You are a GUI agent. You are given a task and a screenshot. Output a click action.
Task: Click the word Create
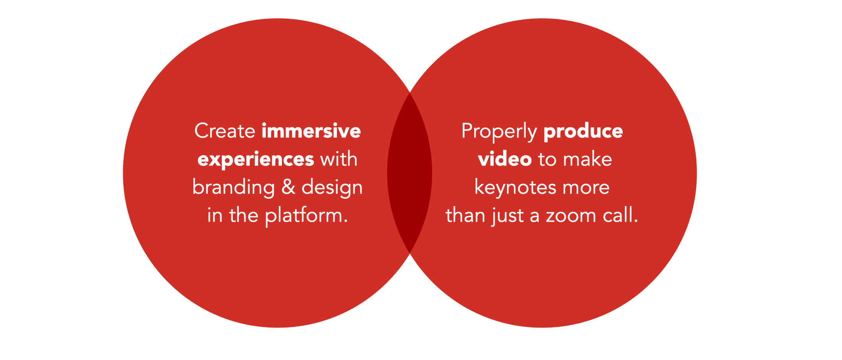[x=225, y=131]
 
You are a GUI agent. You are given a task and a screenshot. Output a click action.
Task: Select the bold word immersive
[x=311, y=131]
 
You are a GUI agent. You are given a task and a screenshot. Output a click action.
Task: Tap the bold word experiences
[x=256, y=160]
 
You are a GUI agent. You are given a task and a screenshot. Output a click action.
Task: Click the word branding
[x=234, y=188]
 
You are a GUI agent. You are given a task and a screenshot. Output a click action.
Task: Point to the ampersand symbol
[x=288, y=187]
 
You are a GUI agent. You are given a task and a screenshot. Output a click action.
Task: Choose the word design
[x=332, y=188]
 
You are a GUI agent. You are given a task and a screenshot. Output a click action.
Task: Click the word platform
[x=306, y=216]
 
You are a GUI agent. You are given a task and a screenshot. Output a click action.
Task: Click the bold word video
[x=505, y=159]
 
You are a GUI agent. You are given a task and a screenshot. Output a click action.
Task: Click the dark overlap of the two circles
[x=410, y=173]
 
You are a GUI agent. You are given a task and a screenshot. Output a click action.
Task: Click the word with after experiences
[x=339, y=159]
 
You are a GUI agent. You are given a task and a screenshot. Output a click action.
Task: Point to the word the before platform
[x=244, y=215]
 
